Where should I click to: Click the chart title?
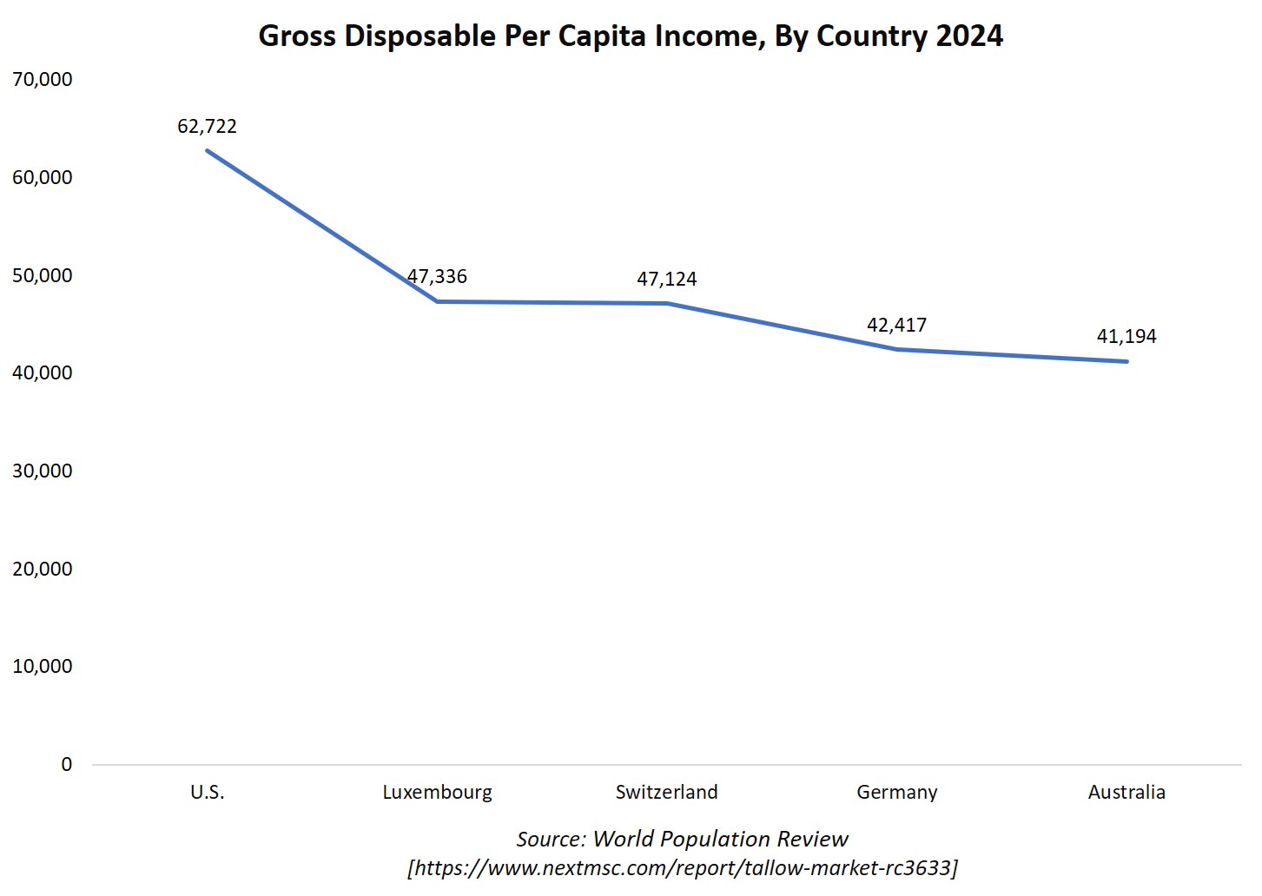click(x=631, y=36)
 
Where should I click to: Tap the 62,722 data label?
click(x=207, y=126)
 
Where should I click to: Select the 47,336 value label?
click(x=437, y=276)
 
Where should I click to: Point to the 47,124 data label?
click(x=667, y=279)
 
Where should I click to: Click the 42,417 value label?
click(x=896, y=325)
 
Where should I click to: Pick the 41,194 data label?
click(x=1127, y=336)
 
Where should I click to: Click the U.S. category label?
click(x=207, y=792)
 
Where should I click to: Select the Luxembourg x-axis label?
click(x=437, y=792)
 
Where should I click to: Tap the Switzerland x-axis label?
click(x=667, y=792)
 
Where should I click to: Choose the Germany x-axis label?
click(x=896, y=792)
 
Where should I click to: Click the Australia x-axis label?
click(x=1127, y=792)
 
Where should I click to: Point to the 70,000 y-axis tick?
click(x=43, y=79)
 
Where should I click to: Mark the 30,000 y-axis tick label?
click(x=43, y=471)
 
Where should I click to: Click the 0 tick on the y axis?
click(x=67, y=764)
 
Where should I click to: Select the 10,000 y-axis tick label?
click(x=43, y=666)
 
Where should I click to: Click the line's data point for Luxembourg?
click(x=437, y=301)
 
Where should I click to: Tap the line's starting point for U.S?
click(x=207, y=150)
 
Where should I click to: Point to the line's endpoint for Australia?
click(x=1127, y=361)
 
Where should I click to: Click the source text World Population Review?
click(x=682, y=839)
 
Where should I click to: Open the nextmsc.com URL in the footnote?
click(x=682, y=867)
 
